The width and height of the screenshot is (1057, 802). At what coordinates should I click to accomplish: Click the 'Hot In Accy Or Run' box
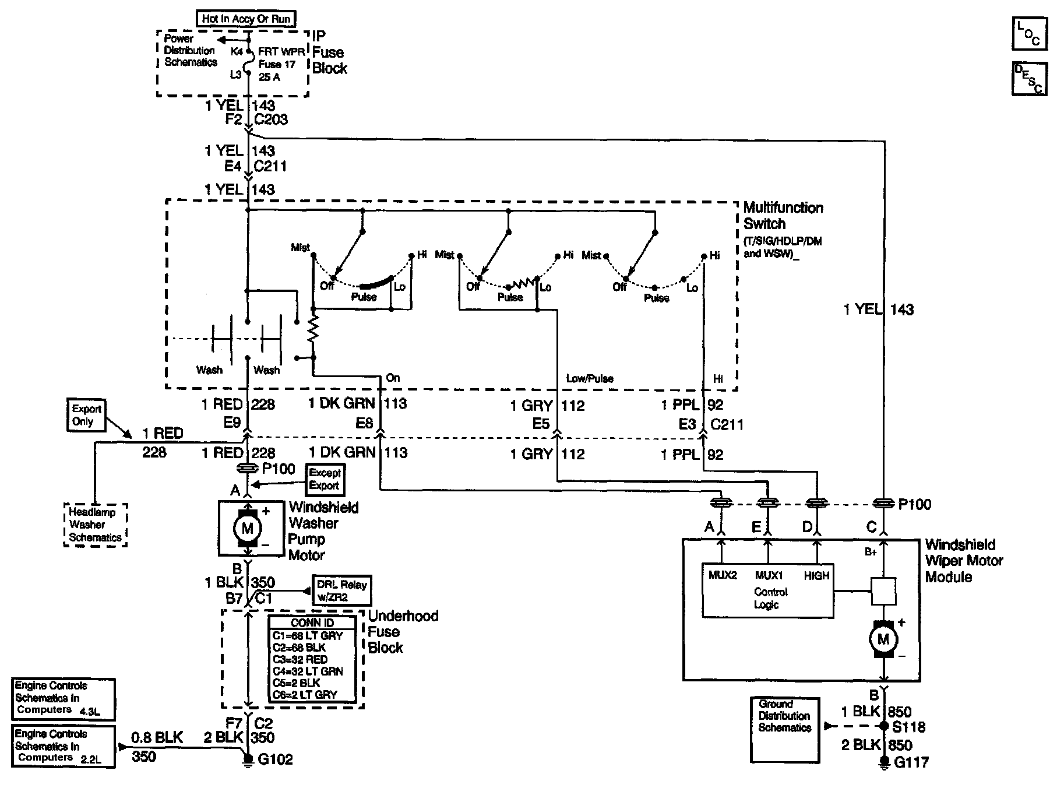246,19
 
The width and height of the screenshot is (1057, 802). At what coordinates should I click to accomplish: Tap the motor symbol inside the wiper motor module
883,639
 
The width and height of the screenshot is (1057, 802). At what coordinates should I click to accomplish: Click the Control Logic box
768,590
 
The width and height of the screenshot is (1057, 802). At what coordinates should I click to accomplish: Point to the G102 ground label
274,759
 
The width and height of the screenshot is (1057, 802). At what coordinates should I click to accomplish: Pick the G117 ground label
911,762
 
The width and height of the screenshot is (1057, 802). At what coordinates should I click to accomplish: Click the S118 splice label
908,727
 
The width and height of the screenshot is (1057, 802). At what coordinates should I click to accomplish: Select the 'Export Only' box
86,415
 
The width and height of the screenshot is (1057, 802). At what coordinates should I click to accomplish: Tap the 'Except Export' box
325,479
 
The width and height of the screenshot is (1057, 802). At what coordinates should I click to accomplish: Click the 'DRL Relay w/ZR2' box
341,591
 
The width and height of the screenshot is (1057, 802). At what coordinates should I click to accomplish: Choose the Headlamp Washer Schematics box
95,525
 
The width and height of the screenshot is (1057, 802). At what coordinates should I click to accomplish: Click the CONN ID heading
312,622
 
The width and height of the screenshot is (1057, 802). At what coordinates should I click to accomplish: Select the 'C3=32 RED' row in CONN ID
300,659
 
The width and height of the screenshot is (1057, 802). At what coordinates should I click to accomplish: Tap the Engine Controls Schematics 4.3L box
64,698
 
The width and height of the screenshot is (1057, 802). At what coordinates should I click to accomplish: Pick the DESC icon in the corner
1028,78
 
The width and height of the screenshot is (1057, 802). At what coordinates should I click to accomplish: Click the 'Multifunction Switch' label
783,216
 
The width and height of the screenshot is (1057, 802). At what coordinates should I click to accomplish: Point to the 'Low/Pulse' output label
589,378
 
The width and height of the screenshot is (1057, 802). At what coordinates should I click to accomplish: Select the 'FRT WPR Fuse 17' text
277,58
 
